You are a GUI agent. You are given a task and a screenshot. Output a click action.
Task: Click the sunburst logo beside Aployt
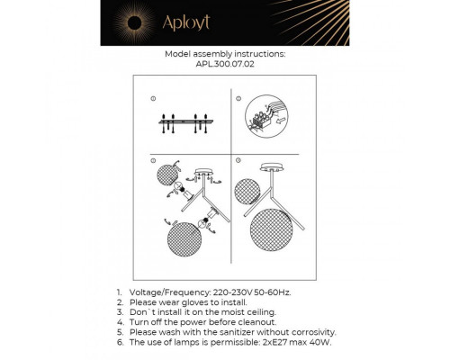146,22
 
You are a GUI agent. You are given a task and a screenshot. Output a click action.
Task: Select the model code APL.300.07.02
225,63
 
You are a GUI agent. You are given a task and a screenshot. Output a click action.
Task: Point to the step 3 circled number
153,161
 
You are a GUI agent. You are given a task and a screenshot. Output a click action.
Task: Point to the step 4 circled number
238,161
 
